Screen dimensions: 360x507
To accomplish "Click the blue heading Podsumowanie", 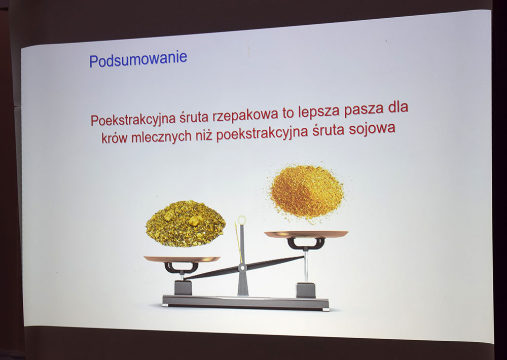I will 138,59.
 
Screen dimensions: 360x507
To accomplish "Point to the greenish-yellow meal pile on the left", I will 186,223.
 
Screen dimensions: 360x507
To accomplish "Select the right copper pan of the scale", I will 306,234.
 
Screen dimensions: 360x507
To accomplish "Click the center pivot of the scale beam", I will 243,266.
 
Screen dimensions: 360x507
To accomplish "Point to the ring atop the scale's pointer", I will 241,220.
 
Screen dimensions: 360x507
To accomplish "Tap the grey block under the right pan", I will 305,290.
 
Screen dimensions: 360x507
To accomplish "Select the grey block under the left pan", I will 182,287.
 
